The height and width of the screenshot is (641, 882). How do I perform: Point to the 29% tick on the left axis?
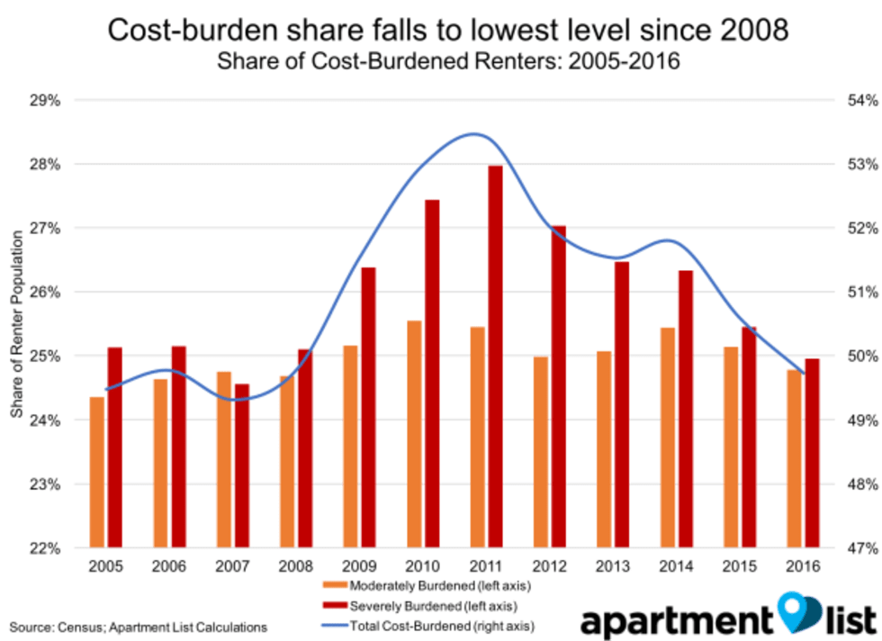(x=46, y=101)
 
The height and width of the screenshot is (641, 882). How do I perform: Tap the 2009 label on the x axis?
(x=358, y=567)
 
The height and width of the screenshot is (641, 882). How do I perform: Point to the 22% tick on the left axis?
(x=46, y=548)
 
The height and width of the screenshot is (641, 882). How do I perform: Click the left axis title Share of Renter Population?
(x=16, y=323)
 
